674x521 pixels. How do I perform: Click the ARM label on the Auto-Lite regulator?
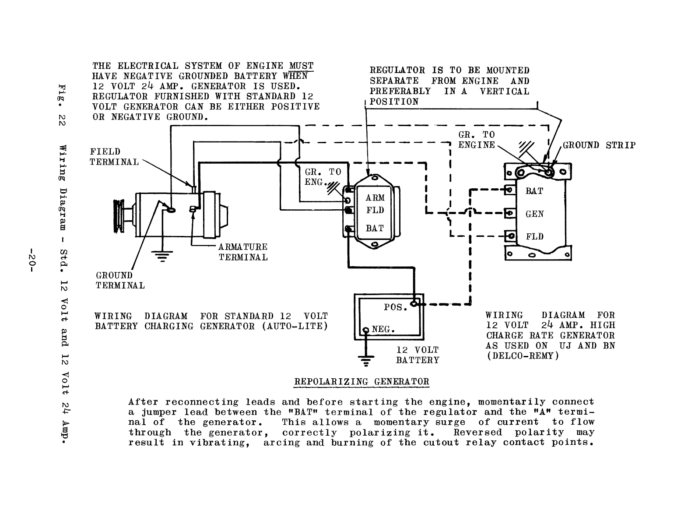pyautogui.click(x=375, y=198)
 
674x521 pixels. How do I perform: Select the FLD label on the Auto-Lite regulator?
pyautogui.click(x=375, y=211)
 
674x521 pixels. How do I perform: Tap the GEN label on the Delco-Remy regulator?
pyautogui.click(x=535, y=214)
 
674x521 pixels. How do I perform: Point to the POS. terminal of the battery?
pyautogui.click(x=413, y=303)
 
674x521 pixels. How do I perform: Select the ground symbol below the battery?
pyautogui.click(x=365, y=360)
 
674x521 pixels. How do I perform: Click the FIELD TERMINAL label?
pyautogui.click(x=114, y=157)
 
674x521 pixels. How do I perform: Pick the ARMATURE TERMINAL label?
pyautogui.click(x=243, y=252)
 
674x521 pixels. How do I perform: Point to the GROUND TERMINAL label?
pyautogui.click(x=120, y=280)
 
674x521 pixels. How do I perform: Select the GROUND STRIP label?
pyautogui.click(x=599, y=145)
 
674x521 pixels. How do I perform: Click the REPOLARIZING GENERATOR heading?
pyautogui.click(x=361, y=381)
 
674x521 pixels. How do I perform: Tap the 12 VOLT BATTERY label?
pyautogui.click(x=417, y=355)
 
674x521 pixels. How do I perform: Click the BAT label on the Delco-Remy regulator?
pyautogui.click(x=534, y=191)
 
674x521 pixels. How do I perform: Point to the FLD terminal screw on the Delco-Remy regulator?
pyautogui.click(x=509, y=237)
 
